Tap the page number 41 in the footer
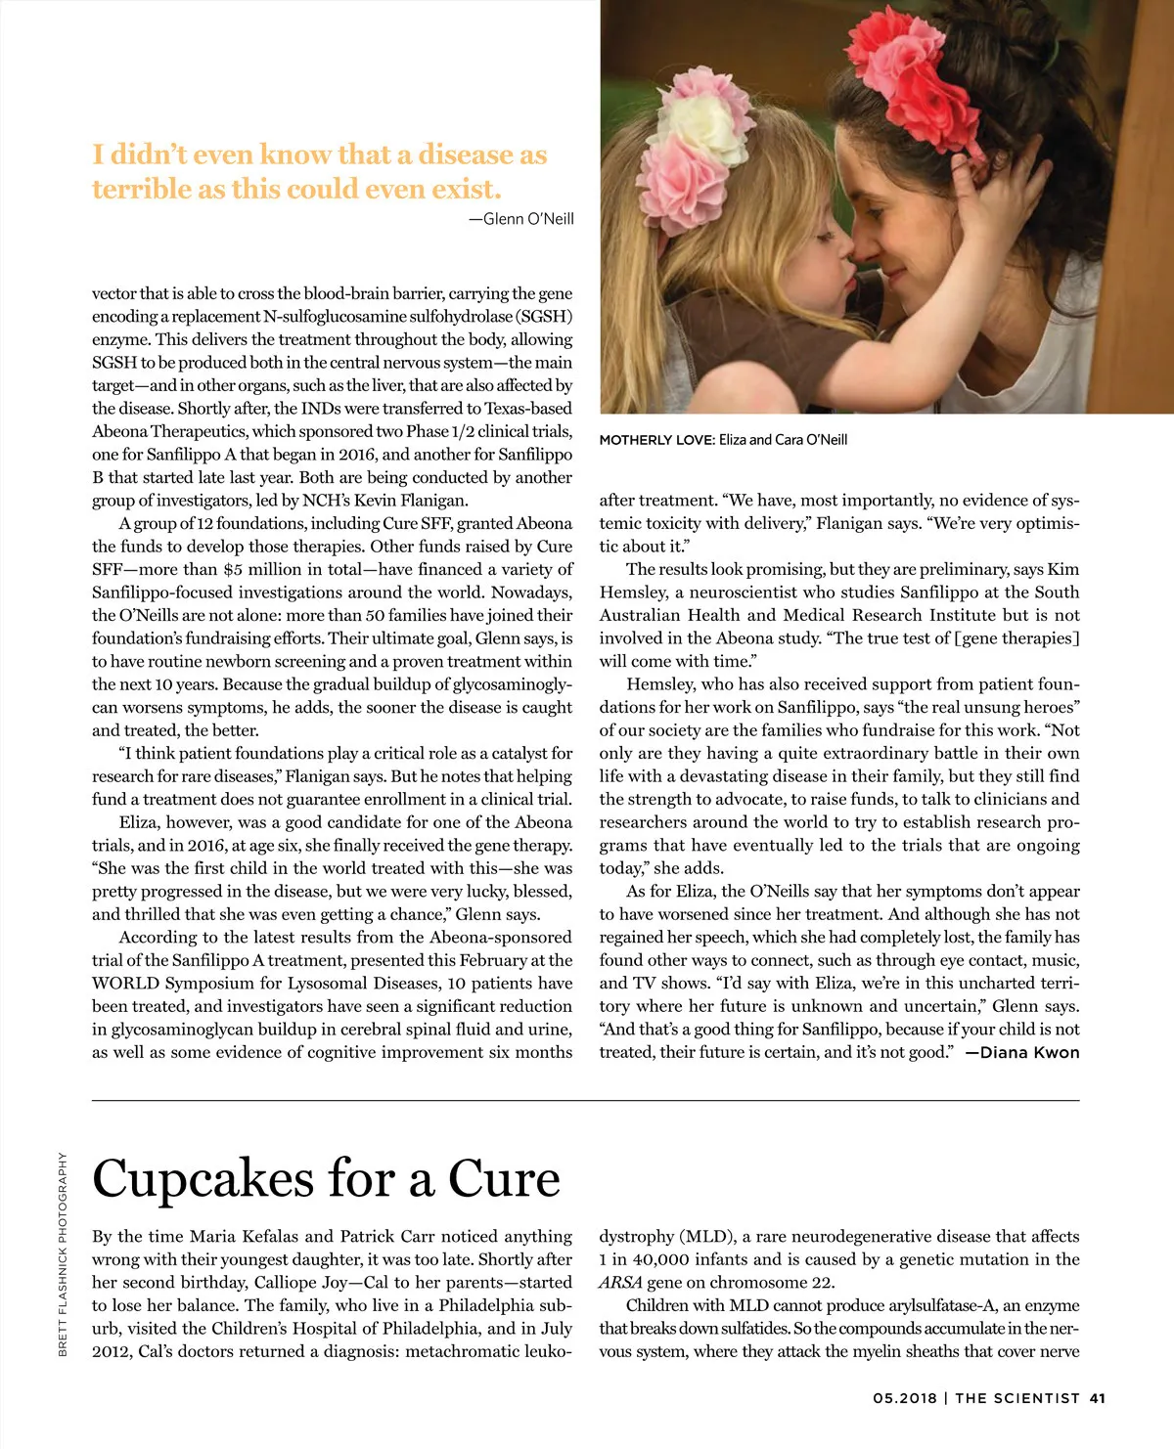tap(1097, 1398)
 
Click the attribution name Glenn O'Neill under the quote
tap(528, 219)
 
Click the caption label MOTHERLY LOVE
tap(656, 440)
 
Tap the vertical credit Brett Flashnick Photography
tap(63, 1253)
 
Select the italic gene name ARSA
tap(620, 1283)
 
